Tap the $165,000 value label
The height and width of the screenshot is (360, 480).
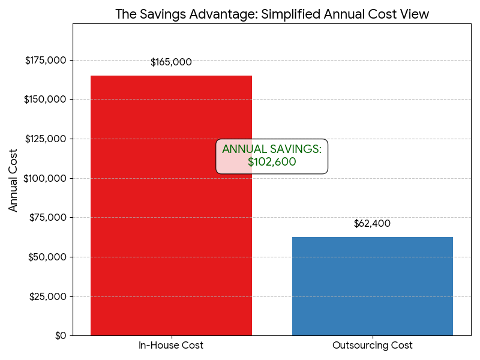point(171,62)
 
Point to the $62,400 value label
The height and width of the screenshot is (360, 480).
point(372,224)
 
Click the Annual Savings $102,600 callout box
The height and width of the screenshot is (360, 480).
point(272,156)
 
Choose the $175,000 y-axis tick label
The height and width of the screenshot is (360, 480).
point(46,60)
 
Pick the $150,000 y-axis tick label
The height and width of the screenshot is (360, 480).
point(46,100)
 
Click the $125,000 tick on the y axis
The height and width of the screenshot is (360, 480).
point(46,139)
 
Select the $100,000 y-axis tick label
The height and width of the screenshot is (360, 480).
point(46,178)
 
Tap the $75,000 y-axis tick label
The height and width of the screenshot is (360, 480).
point(48,218)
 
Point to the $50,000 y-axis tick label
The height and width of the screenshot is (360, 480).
point(48,257)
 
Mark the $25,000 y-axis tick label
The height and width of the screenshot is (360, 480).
point(48,296)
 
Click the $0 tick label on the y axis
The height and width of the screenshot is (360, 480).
point(60,335)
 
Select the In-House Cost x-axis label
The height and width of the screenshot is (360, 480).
point(171,346)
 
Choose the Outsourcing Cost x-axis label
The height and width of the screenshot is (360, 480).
point(372,346)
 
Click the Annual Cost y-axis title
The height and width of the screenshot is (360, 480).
point(14,179)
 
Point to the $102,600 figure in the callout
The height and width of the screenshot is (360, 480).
point(272,162)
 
